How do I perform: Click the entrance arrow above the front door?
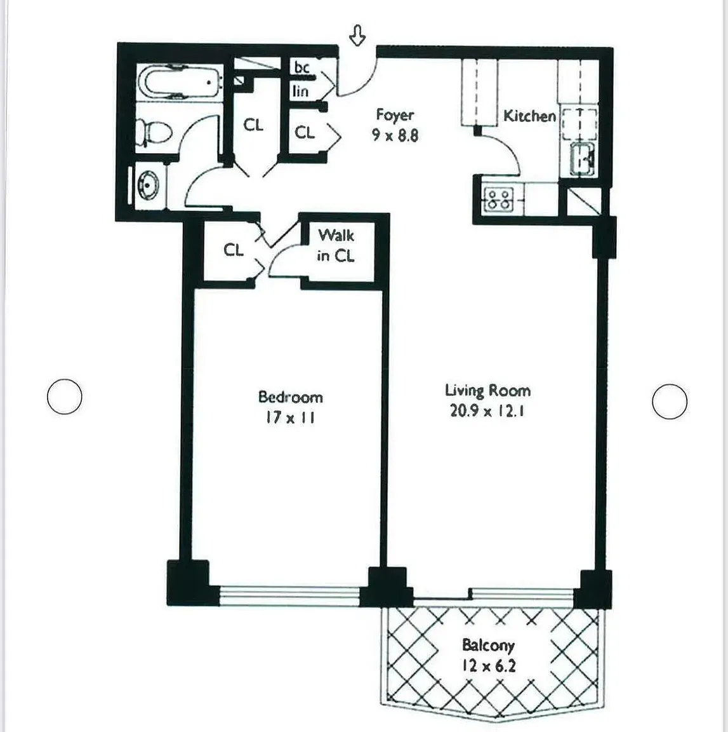358,36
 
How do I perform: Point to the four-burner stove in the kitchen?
498,200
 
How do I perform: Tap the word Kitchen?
529,116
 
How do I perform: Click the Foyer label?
395,115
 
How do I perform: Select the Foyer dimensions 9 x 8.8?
395,135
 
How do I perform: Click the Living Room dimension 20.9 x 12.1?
487,411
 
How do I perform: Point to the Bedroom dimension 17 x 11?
290,418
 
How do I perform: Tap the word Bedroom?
290,397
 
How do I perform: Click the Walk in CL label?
336,245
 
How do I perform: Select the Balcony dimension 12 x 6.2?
488,666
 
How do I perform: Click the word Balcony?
488,646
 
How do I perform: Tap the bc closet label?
301,67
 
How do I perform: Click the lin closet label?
301,91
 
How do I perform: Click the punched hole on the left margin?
65,396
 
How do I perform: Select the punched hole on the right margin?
670,402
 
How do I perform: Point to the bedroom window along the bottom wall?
289,594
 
